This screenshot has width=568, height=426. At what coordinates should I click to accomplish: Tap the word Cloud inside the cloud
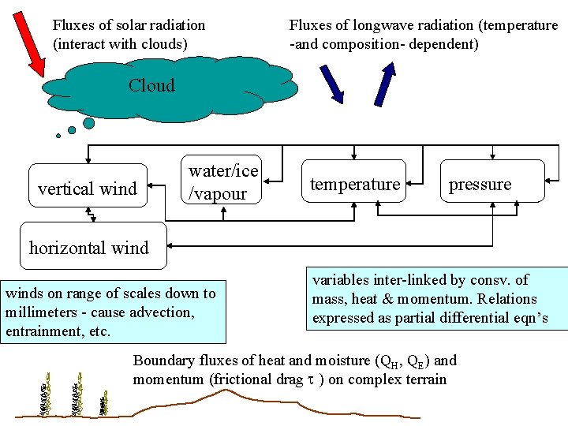point(151,85)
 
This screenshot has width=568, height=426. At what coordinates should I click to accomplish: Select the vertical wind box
point(88,185)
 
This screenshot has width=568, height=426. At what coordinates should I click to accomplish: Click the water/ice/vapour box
point(223,182)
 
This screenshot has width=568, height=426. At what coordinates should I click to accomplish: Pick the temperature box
point(355,184)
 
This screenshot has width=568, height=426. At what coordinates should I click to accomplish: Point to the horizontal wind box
point(88,248)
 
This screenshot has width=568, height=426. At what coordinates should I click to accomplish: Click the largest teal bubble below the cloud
point(89,123)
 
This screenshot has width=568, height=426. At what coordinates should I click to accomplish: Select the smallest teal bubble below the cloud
point(58,136)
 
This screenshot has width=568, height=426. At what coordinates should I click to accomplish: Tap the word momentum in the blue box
point(425,299)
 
